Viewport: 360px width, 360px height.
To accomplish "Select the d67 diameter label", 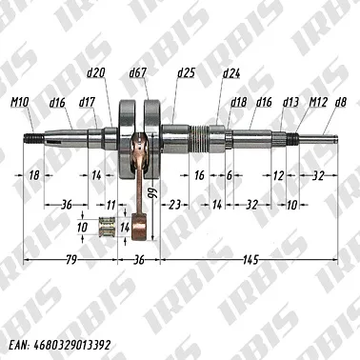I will pos(137,72).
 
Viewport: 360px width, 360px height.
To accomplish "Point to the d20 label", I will pos(95,72).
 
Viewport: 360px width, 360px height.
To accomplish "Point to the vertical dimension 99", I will pos(150,195).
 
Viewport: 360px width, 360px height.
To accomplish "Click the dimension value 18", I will pos(34,176).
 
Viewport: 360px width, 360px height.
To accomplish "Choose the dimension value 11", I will pos(110,204).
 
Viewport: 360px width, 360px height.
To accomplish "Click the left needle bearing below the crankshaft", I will pos(106,229).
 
